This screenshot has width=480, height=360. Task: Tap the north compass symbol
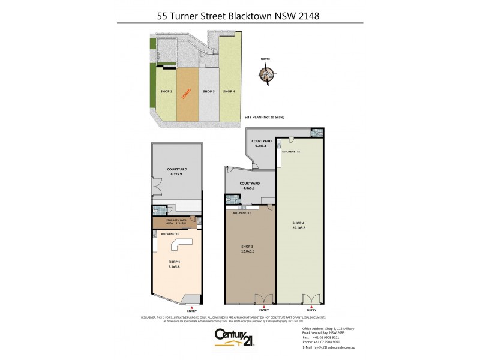pos(265,74)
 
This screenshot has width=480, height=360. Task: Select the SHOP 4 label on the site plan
pos(228,91)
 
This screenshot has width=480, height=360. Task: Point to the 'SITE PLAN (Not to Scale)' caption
pos(264,118)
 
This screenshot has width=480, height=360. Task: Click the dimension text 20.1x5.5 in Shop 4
pos(300,228)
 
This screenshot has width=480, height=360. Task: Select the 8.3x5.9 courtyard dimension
pos(176,174)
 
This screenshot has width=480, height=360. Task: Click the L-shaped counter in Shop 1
pos(181,245)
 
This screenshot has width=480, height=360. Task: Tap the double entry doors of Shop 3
pos(262,299)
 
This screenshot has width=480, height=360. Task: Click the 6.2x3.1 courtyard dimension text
pos(263,146)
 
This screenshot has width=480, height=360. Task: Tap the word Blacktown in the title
pos(253,16)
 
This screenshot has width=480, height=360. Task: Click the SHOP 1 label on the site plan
pos(166,91)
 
